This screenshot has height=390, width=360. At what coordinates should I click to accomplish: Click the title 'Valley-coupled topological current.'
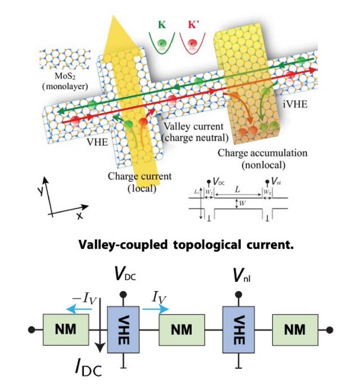click(x=180, y=245)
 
